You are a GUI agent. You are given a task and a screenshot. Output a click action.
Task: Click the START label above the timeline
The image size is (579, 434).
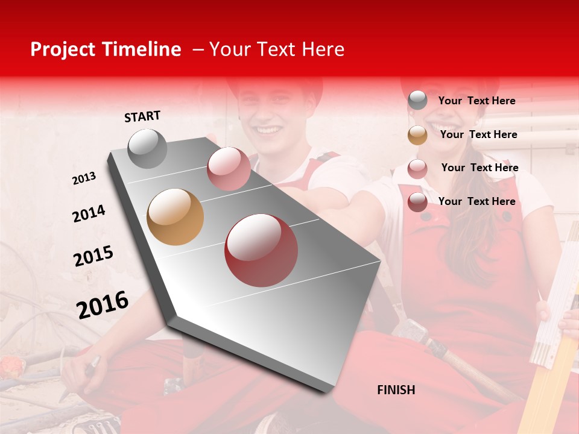tap(142, 116)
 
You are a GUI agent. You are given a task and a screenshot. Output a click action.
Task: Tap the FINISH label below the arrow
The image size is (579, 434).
tap(396, 390)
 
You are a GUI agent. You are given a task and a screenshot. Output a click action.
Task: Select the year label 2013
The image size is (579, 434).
tap(84, 178)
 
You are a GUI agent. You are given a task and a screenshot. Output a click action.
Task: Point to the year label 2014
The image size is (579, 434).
tap(89, 214)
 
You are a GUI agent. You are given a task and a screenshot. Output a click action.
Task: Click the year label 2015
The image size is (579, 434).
tap(93, 256)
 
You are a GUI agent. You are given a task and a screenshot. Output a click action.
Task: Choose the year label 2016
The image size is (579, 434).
tap(103, 304)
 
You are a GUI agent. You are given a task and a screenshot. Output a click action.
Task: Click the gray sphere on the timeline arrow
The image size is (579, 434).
tap(148, 148)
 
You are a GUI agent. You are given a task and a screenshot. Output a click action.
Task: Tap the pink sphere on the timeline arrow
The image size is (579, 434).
tap(229, 169)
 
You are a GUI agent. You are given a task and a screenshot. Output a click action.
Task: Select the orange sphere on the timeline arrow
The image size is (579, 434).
tap(176, 217)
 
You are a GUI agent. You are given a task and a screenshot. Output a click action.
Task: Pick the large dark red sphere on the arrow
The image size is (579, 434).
tap(261, 250)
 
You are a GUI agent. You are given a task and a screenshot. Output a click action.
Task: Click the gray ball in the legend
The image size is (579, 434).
tap(417, 101)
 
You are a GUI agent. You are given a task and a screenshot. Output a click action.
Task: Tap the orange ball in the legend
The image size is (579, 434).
tap(417, 135)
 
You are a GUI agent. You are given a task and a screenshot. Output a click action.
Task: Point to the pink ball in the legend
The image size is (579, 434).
tap(417, 168)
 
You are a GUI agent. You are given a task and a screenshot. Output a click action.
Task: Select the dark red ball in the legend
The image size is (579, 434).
tap(417, 202)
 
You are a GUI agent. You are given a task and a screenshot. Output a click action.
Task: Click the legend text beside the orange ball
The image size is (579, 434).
tap(478, 134)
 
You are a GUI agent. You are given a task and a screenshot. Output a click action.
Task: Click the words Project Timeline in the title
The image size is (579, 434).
tap(106, 49)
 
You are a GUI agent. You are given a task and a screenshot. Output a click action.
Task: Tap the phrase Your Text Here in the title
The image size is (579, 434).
tap(277, 49)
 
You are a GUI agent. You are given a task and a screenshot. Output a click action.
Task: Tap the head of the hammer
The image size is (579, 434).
tap(416, 332)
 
